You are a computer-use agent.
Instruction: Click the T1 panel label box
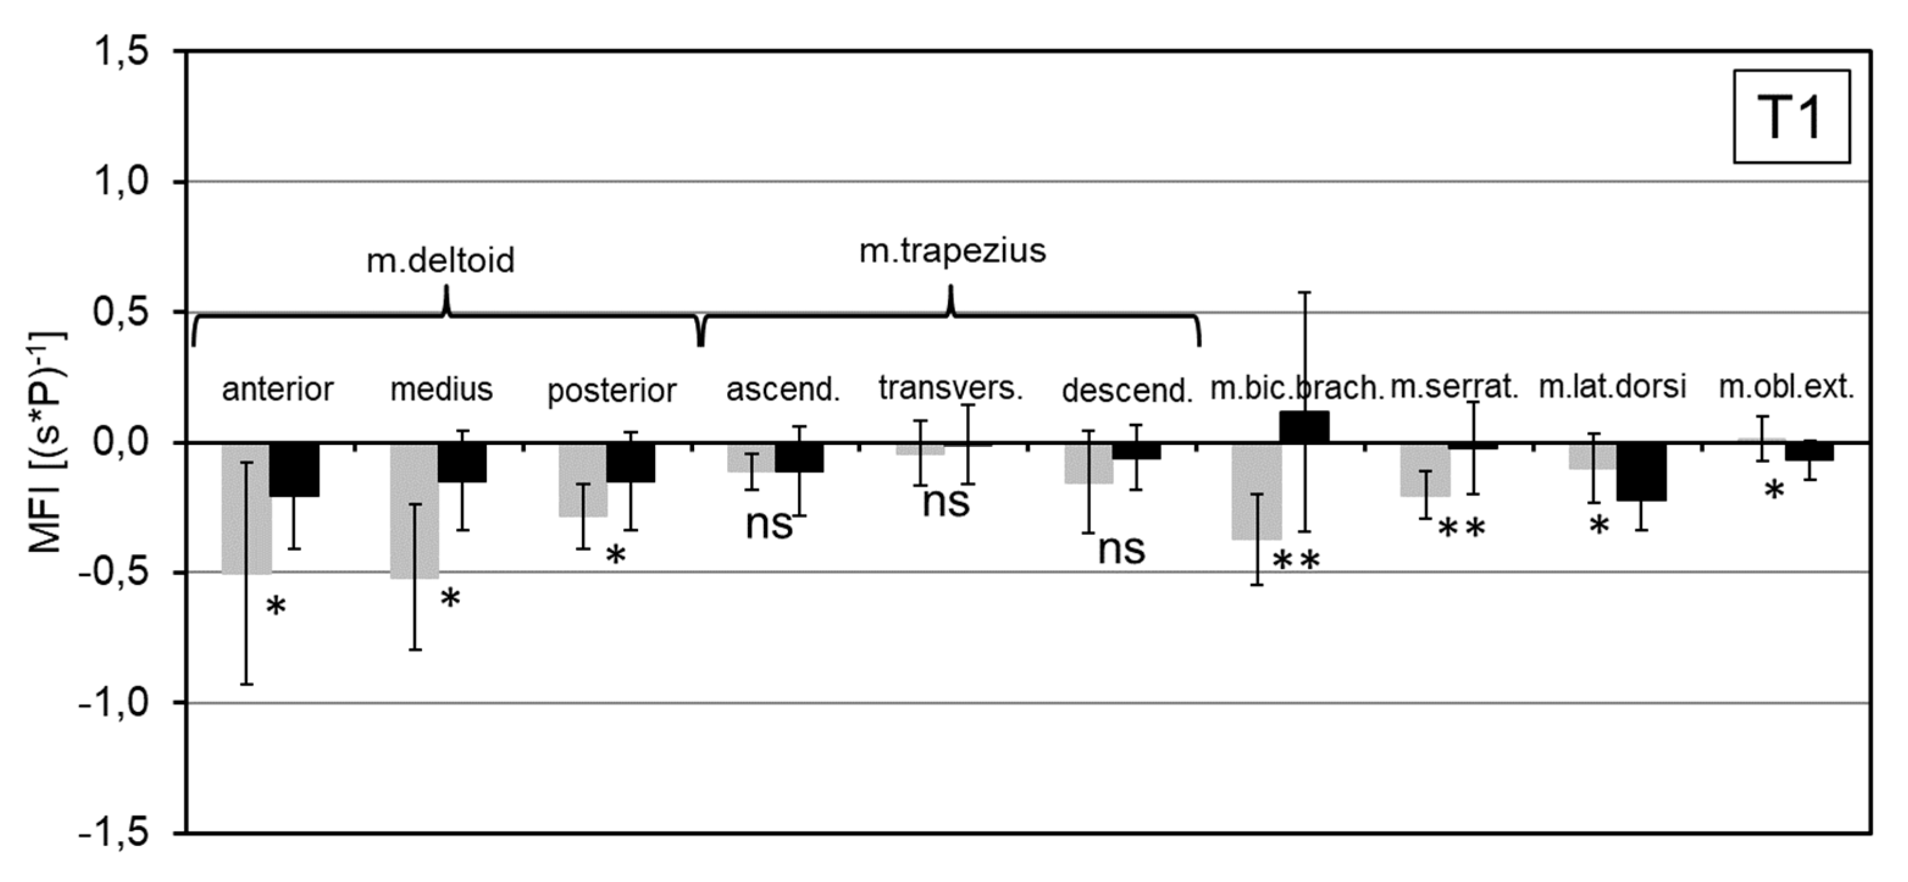(1791, 117)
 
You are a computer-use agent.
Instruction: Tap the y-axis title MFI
(46, 443)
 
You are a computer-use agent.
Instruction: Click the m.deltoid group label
(440, 260)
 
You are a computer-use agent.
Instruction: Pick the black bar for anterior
(294, 470)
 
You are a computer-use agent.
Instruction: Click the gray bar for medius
(404, 511)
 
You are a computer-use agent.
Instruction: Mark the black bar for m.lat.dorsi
(1641, 471)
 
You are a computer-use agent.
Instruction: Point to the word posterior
(612, 391)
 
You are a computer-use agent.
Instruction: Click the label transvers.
(950, 388)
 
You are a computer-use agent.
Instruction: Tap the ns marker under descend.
(1121, 550)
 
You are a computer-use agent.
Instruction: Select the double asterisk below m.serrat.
(1461, 529)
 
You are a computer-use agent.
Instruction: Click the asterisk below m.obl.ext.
(1774, 490)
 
